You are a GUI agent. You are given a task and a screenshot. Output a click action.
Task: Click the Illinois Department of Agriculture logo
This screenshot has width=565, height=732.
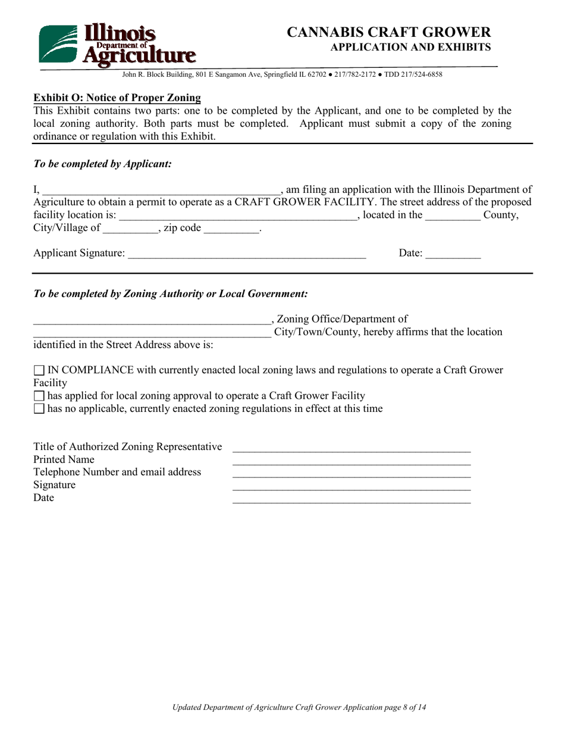click(117, 44)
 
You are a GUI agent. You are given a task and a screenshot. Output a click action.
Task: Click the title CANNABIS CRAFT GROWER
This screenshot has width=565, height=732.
click(389, 32)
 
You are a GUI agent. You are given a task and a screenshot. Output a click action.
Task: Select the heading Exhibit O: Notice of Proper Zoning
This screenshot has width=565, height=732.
click(117, 98)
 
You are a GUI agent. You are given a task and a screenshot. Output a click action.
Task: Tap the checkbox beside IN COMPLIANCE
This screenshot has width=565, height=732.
click(39, 370)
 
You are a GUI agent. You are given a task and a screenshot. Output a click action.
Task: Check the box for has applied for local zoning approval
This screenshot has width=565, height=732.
click(39, 396)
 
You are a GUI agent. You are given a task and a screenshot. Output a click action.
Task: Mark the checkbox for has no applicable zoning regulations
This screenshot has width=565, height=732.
click(39, 409)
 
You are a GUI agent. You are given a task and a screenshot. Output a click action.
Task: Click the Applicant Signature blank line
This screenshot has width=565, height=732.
click(247, 255)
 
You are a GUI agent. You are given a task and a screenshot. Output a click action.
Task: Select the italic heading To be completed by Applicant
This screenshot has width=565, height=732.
click(103, 163)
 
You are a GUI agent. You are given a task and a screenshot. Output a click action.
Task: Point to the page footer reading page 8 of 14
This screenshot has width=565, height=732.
click(299, 708)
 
